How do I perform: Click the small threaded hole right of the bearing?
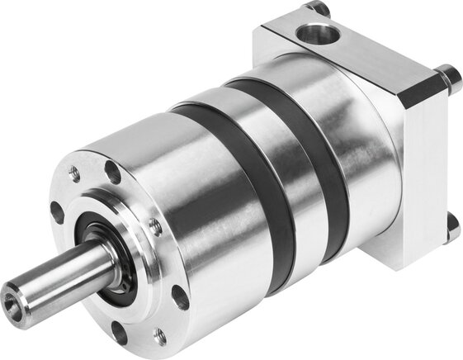tap(155, 226)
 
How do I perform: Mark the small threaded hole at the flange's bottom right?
tap(160, 335)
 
